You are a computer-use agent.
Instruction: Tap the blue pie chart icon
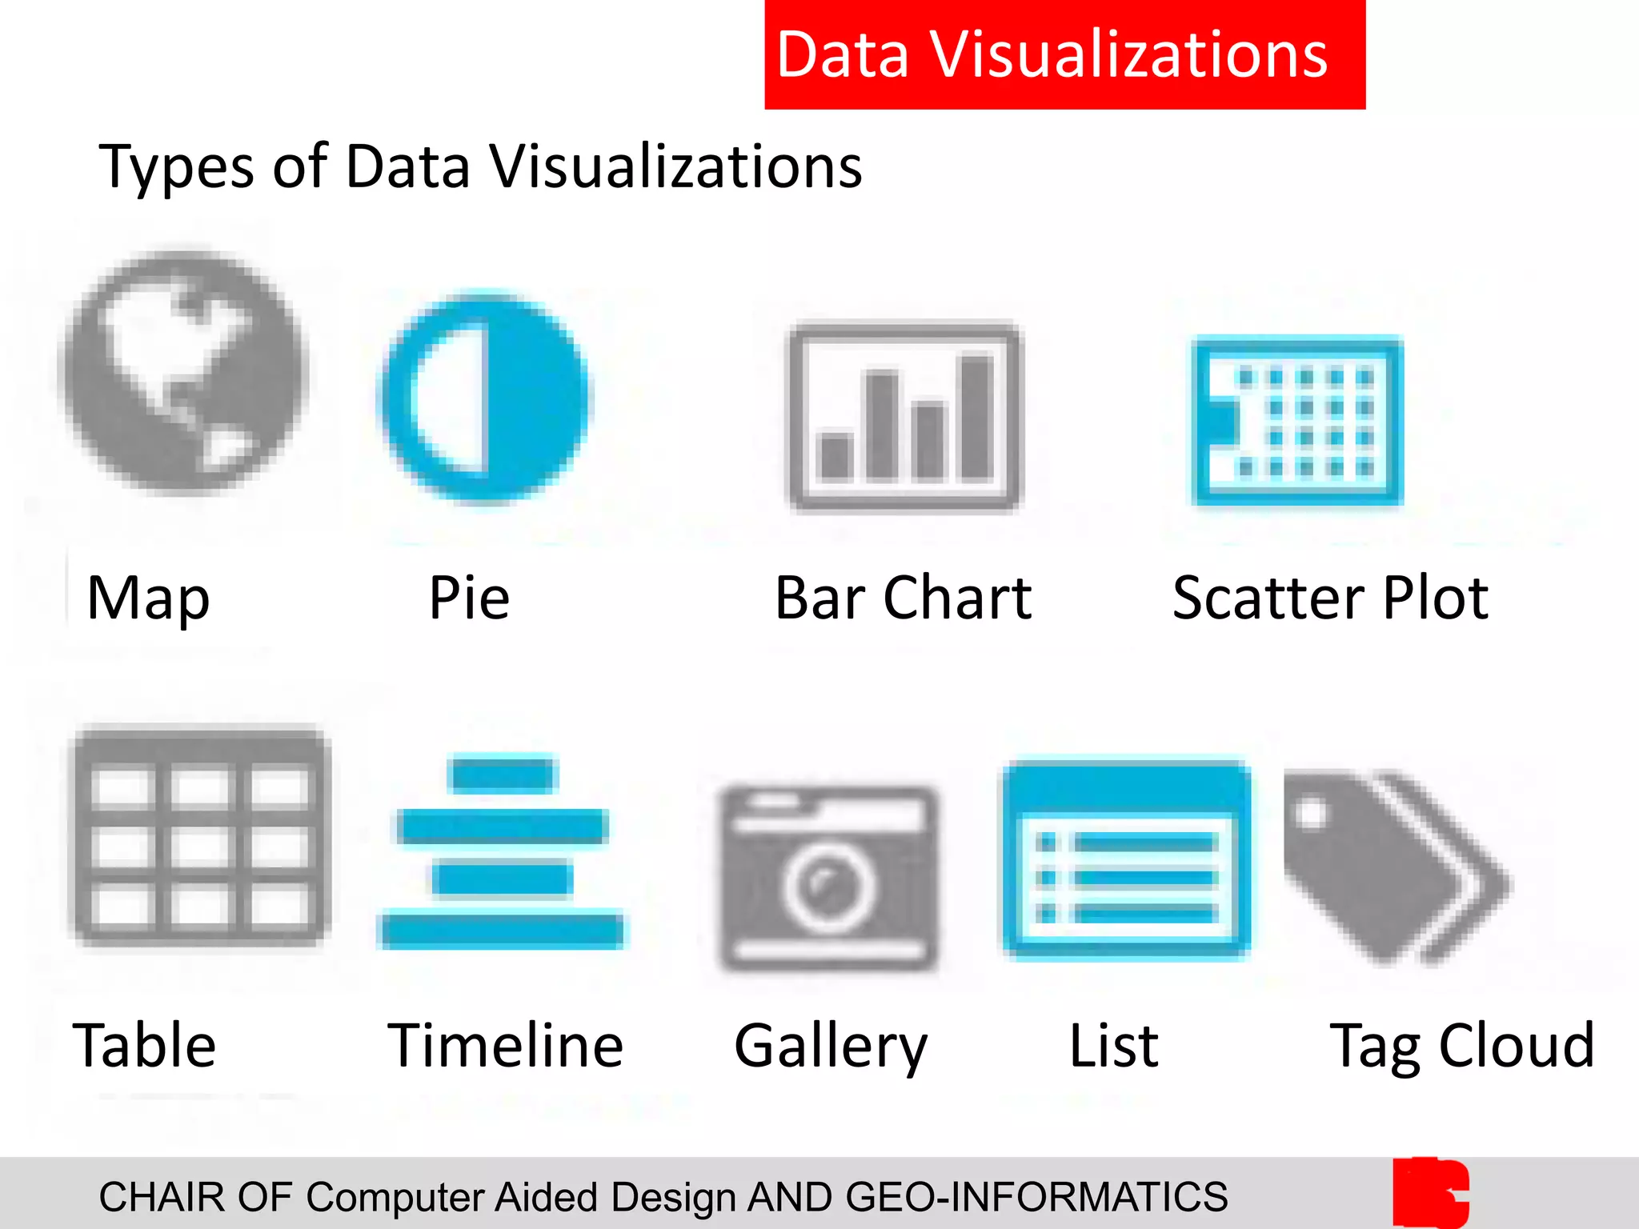pos(485,398)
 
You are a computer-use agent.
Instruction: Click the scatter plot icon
pos(1297,421)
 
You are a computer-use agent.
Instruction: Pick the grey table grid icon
pos(200,835)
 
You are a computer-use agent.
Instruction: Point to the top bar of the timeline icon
pos(503,774)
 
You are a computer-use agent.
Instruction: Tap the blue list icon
pos(1127,860)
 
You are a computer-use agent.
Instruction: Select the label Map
pos(148,598)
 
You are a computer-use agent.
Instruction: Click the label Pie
pos(469,598)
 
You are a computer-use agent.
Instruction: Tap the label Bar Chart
pos(903,598)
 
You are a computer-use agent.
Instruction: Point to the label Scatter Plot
pos(1330,598)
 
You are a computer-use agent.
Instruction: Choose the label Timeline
pos(505,1045)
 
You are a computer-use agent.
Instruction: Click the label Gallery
pos(831,1047)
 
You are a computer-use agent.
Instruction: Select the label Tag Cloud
pos(1462,1046)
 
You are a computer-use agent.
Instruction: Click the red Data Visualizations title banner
pos(1064,54)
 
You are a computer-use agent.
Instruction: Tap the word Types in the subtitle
pos(176,168)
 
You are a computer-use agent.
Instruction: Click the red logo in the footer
pos(1430,1192)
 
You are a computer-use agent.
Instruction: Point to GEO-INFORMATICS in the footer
pos(1036,1197)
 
